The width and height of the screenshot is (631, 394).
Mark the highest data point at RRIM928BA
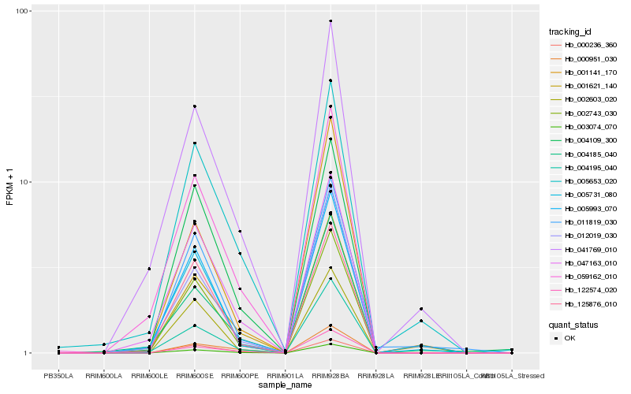tap(330, 21)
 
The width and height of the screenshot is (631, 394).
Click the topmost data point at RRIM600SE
tap(194, 106)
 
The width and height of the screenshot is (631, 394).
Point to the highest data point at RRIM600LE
tap(148, 269)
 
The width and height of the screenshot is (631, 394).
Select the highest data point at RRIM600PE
tap(239, 232)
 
